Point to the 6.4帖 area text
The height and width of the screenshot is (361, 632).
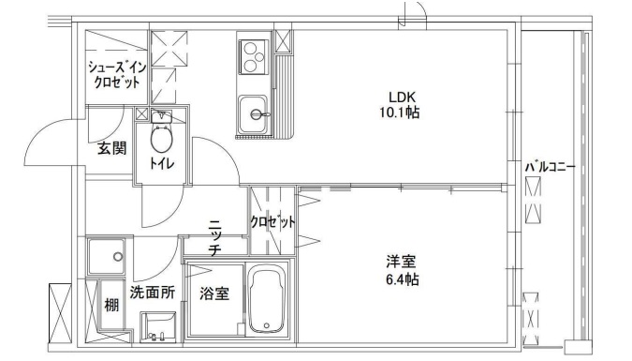(399, 279)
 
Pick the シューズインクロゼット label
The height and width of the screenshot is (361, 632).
(115, 75)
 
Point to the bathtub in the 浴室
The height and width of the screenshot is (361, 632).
(271, 300)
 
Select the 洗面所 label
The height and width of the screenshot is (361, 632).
(152, 292)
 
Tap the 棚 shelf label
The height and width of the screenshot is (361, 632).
(111, 305)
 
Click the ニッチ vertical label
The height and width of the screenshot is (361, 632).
(214, 237)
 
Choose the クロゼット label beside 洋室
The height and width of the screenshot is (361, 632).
(272, 222)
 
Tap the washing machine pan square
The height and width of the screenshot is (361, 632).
(105, 254)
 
